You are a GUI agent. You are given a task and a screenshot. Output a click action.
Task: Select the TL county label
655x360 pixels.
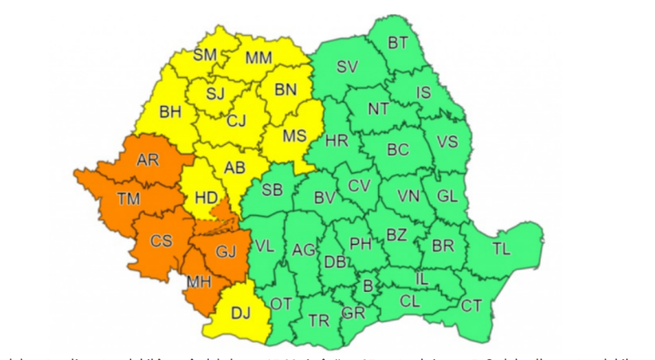pyautogui.click(x=500, y=249)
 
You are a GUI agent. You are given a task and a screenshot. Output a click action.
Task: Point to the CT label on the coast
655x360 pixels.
pyautogui.click(x=471, y=305)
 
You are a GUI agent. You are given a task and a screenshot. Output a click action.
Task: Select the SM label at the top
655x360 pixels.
pyautogui.click(x=204, y=55)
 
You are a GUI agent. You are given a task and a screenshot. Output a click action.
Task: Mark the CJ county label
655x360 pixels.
pyautogui.click(x=236, y=121)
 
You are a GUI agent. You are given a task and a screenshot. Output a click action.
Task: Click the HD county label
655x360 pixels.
pyautogui.click(x=206, y=198)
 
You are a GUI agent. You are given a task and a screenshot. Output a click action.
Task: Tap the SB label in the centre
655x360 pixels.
pyautogui.click(x=272, y=190)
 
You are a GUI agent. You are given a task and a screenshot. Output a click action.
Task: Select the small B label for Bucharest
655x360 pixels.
pyautogui.click(x=368, y=285)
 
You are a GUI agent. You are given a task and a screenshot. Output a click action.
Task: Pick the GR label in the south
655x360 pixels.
pyautogui.click(x=354, y=312)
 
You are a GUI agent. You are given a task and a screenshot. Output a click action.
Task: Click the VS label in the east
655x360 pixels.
pyautogui.click(x=446, y=142)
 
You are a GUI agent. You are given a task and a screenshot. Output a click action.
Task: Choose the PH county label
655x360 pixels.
pyautogui.click(x=360, y=243)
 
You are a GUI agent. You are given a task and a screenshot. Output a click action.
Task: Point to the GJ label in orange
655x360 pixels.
pyautogui.click(x=226, y=252)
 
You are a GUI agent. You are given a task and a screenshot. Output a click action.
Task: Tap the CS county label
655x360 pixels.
pyautogui.click(x=157, y=241)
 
